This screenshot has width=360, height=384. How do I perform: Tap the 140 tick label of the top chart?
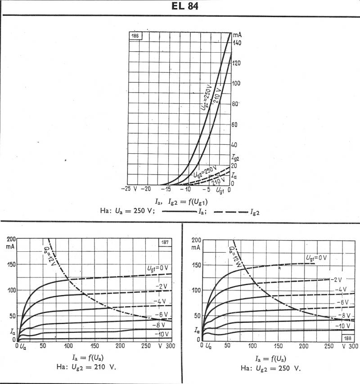pos(237,43)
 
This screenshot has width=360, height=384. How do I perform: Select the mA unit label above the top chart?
pos(238,34)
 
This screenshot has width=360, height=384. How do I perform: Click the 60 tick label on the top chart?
pos(234,125)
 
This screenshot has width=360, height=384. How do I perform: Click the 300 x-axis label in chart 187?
pos(170,346)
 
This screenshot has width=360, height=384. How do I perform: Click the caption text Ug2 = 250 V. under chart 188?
pos(274,368)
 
